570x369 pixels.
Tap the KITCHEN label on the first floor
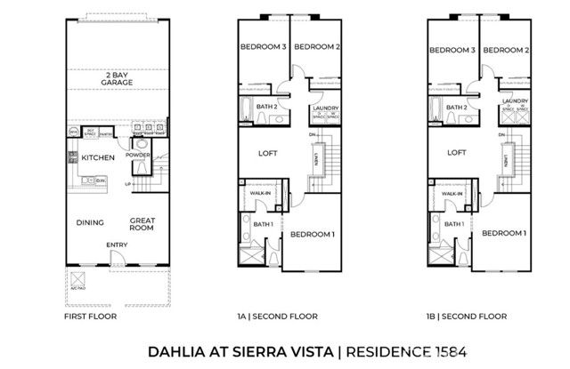point(99,157)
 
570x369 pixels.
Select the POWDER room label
point(138,154)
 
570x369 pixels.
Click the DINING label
point(90,222)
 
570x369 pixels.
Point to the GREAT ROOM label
point(142,223)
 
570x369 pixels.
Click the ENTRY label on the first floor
point(116,244)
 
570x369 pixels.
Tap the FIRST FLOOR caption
point(89,317)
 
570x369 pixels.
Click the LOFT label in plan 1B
point(457,152)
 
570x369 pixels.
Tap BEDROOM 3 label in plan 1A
point(263,48)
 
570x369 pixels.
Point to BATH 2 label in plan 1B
point(457,108)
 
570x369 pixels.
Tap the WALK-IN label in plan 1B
point(452,192)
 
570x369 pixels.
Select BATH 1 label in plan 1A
point(263,224)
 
